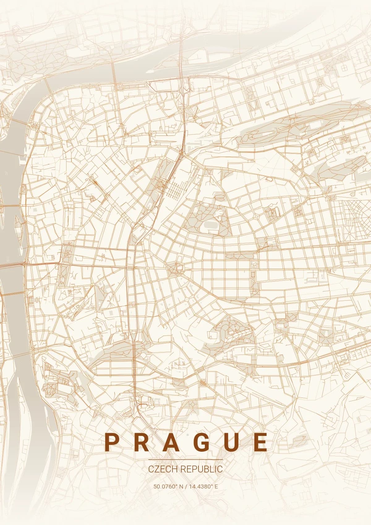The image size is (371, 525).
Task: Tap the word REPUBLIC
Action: tap(201, 469)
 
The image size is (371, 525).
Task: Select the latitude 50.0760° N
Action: tap(168, 486)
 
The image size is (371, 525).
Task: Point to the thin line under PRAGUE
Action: tap(185, 460)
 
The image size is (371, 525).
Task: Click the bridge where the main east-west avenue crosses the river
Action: tap(12, 265)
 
